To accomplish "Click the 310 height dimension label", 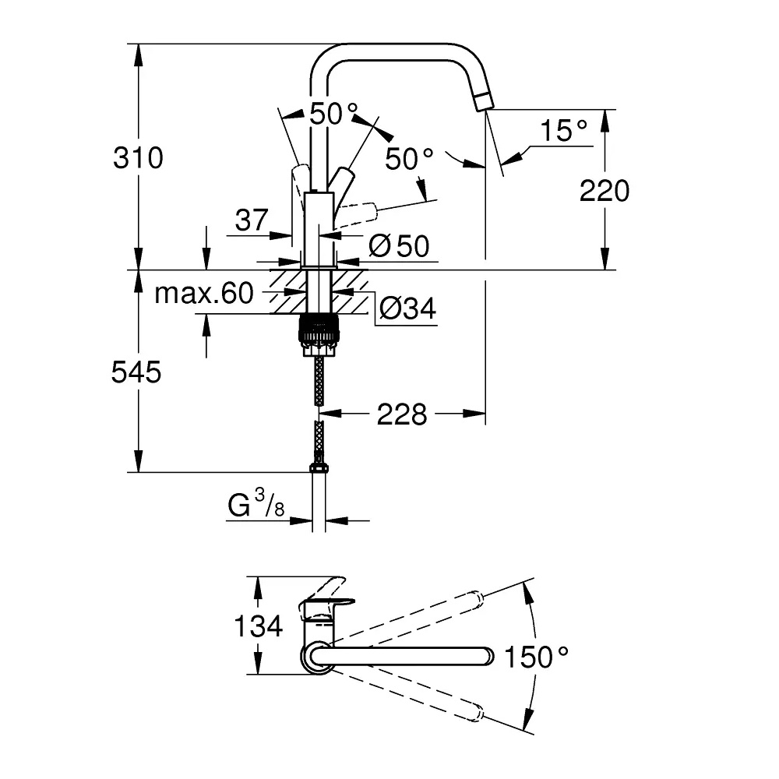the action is tap(138, 158).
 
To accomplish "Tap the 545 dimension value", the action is tap(136, 372).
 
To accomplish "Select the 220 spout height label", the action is tap(605, 191).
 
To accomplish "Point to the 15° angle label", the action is tap(563, 130).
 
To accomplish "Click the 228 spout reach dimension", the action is tap(402, 414).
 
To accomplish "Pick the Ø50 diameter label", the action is tap(400, 245).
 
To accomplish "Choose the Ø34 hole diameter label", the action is tap(407, 308).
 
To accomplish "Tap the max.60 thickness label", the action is tap(204, 293).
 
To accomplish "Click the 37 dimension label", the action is tap(252, 220).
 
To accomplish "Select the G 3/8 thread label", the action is tap(256, 503).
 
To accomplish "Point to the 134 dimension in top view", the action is tap(259, 626).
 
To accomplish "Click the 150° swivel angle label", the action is tap(536, 656).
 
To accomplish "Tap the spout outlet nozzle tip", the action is tap(484, 102).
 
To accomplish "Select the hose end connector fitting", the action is tap(319, 468).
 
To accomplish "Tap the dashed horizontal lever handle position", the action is tap(358, 213).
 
